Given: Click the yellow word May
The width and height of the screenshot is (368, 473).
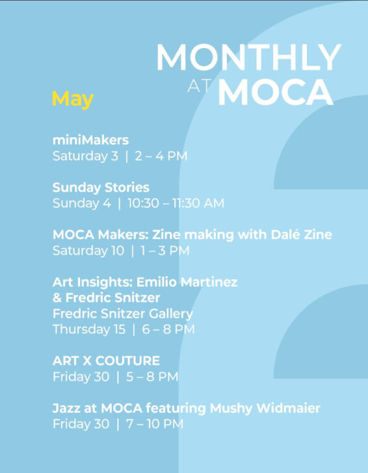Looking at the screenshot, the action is [x=73, y=99].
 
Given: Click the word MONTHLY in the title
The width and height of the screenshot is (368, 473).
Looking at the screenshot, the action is [x=248, y=57].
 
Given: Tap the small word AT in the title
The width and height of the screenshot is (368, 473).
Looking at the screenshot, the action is [x=199, y=86].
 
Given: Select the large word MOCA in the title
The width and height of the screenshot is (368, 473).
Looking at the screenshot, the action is [x=275, y=92].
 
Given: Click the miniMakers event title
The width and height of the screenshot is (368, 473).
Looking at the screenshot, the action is [x=90, y=140].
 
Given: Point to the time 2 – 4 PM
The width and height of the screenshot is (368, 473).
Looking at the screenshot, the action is [x=161, y=156].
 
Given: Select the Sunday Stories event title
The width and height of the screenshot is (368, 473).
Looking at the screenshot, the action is [x=101, y=188].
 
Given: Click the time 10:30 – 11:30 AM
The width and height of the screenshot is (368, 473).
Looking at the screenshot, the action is [x=176, y=203].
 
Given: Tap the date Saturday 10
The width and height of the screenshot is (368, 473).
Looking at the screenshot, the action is [x=88, y=251].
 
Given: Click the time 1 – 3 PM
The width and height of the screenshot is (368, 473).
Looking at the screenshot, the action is [x=165, y=251].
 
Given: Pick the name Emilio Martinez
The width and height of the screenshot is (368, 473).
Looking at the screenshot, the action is [x=187, y=283].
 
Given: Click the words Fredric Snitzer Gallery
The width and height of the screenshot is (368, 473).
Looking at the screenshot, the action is [x=123, y=314].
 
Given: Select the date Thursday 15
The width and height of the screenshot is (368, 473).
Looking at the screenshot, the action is [x=89, y=329].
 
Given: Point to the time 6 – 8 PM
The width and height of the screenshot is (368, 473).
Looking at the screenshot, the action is [x=168, y=329].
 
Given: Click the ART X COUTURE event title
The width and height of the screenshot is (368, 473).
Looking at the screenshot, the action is [x=106, y=361].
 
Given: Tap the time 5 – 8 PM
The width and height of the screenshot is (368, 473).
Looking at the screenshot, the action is [x=152, y=377].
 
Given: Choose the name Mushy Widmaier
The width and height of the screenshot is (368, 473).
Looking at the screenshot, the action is [x=265, y=409].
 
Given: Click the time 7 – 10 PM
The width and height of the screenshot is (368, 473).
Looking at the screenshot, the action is [x=155, y=424].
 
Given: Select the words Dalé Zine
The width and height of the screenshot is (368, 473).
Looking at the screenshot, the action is [x=301, y=235].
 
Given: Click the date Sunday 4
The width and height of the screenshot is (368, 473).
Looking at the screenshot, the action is [x=81, y=203].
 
